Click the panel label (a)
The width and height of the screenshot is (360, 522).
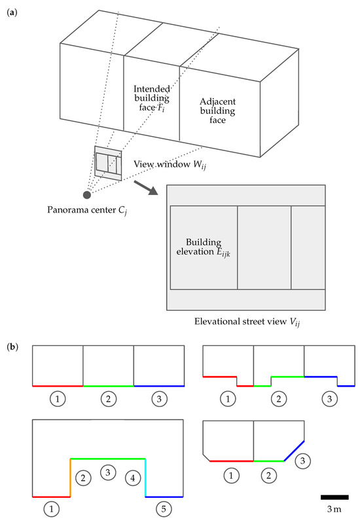point(11,10)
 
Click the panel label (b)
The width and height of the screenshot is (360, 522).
point(11,344)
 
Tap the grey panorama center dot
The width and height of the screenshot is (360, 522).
point(86,194)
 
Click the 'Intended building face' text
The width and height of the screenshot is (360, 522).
point(151,98)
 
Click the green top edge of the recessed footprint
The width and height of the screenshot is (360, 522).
point(107,458)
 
